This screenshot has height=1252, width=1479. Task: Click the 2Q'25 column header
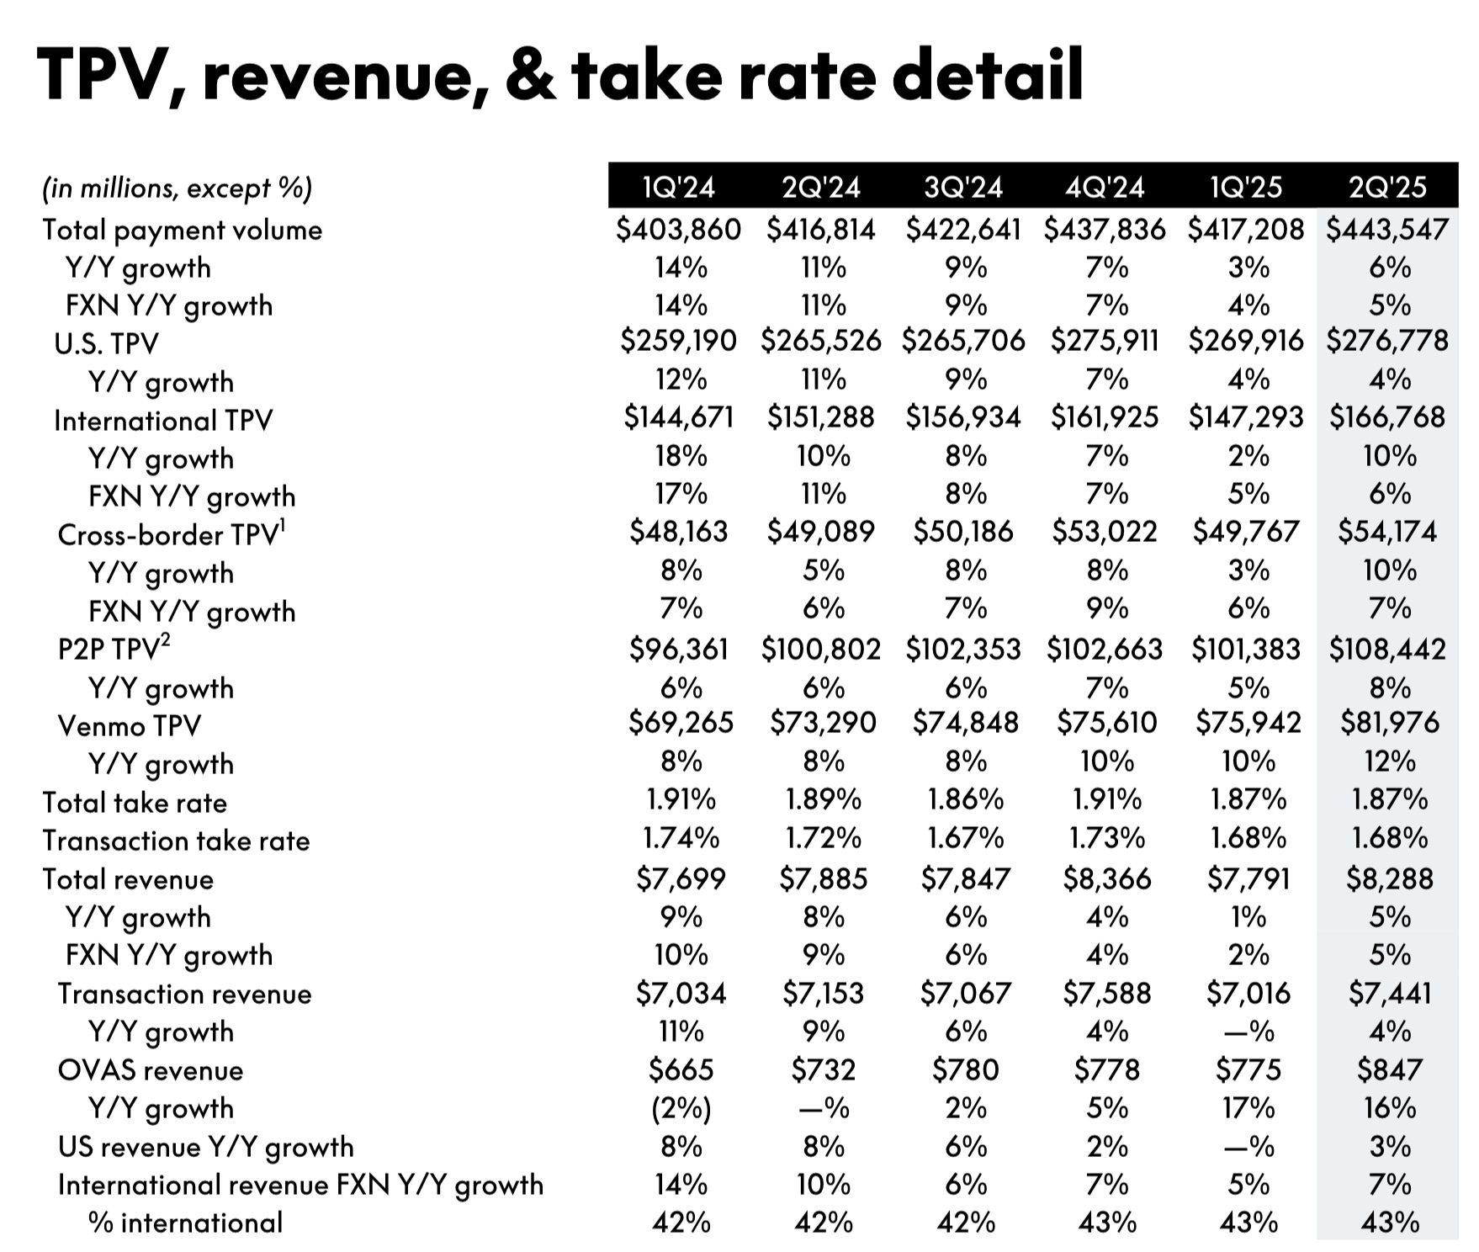(x=1387, y=186)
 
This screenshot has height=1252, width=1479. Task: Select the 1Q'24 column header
(x=678, y=186)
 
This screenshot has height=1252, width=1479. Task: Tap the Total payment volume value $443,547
(x=1387, y=229)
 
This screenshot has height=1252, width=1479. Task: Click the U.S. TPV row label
(x=106, y=343)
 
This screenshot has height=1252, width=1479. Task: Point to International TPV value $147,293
(x=1246, y=417)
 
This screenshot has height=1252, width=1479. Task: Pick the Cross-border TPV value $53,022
(x=1105, y=532)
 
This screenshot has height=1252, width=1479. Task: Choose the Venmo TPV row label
(x=129, y=725)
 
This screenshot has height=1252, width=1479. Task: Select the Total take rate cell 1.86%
(x=965, y=799)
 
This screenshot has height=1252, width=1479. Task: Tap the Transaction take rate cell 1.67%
(x=965, y=838)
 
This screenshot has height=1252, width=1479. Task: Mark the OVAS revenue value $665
(x=681, y=1069)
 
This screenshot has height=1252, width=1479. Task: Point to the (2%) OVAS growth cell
(x=681, y=1108)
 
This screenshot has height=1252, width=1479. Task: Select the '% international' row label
(x=185, y=1223)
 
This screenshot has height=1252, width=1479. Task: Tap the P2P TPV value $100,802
(x=820, y=650)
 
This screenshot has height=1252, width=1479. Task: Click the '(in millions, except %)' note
(x=177, y=188)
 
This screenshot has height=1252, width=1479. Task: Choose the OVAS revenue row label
(x=150, y=1070)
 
